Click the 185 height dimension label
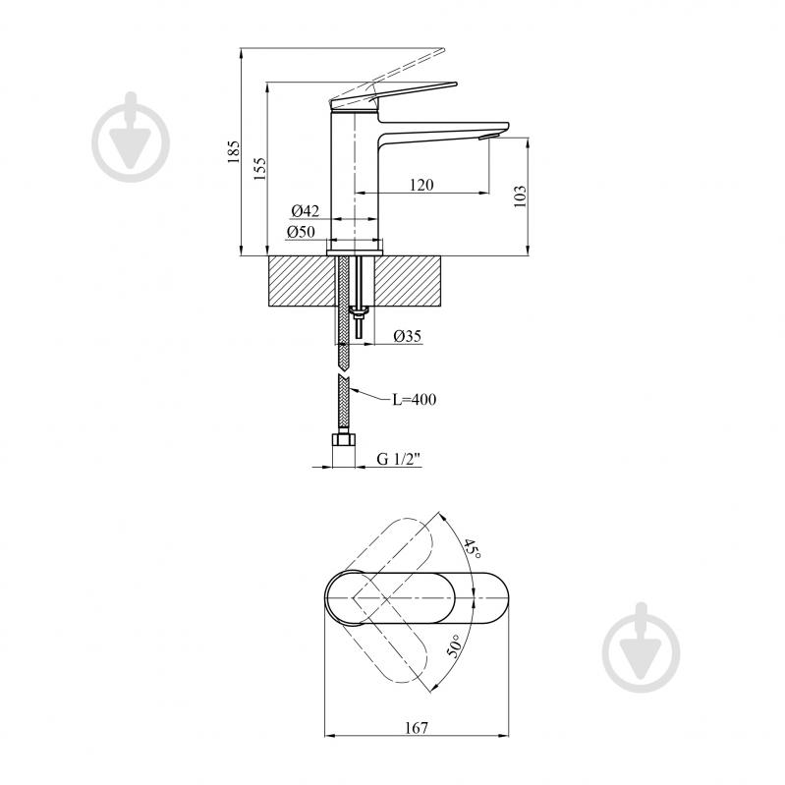(x=234, y=152)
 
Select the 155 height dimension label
(x=259, y=169)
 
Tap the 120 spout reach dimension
(x=421, y=185)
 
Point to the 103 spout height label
(x=520, y=196)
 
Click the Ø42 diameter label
(x=306, y=211)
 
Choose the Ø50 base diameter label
(x=301, y=232)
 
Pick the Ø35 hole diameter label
(x=408, y=336)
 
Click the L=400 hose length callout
(x=414, y=399)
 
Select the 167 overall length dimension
(x=417, y=727)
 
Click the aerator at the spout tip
(x=489, y=136)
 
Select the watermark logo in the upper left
(x=132, y=137)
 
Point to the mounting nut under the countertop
(x=359, y=312)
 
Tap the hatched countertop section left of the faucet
(x=302, y=281)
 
